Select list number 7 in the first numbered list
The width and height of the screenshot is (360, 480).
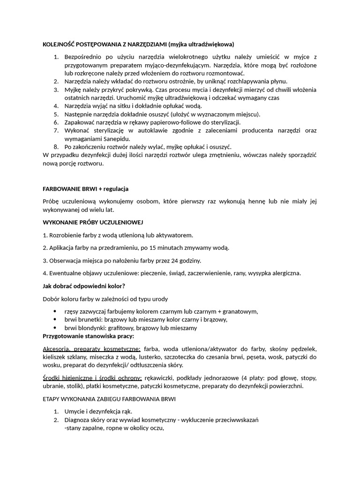[55, 130]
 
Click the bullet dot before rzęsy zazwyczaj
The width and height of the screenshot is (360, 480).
[56, 311]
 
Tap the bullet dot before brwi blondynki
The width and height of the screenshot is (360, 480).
[56, 328]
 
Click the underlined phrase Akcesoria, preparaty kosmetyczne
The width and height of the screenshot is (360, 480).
[91, 349]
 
